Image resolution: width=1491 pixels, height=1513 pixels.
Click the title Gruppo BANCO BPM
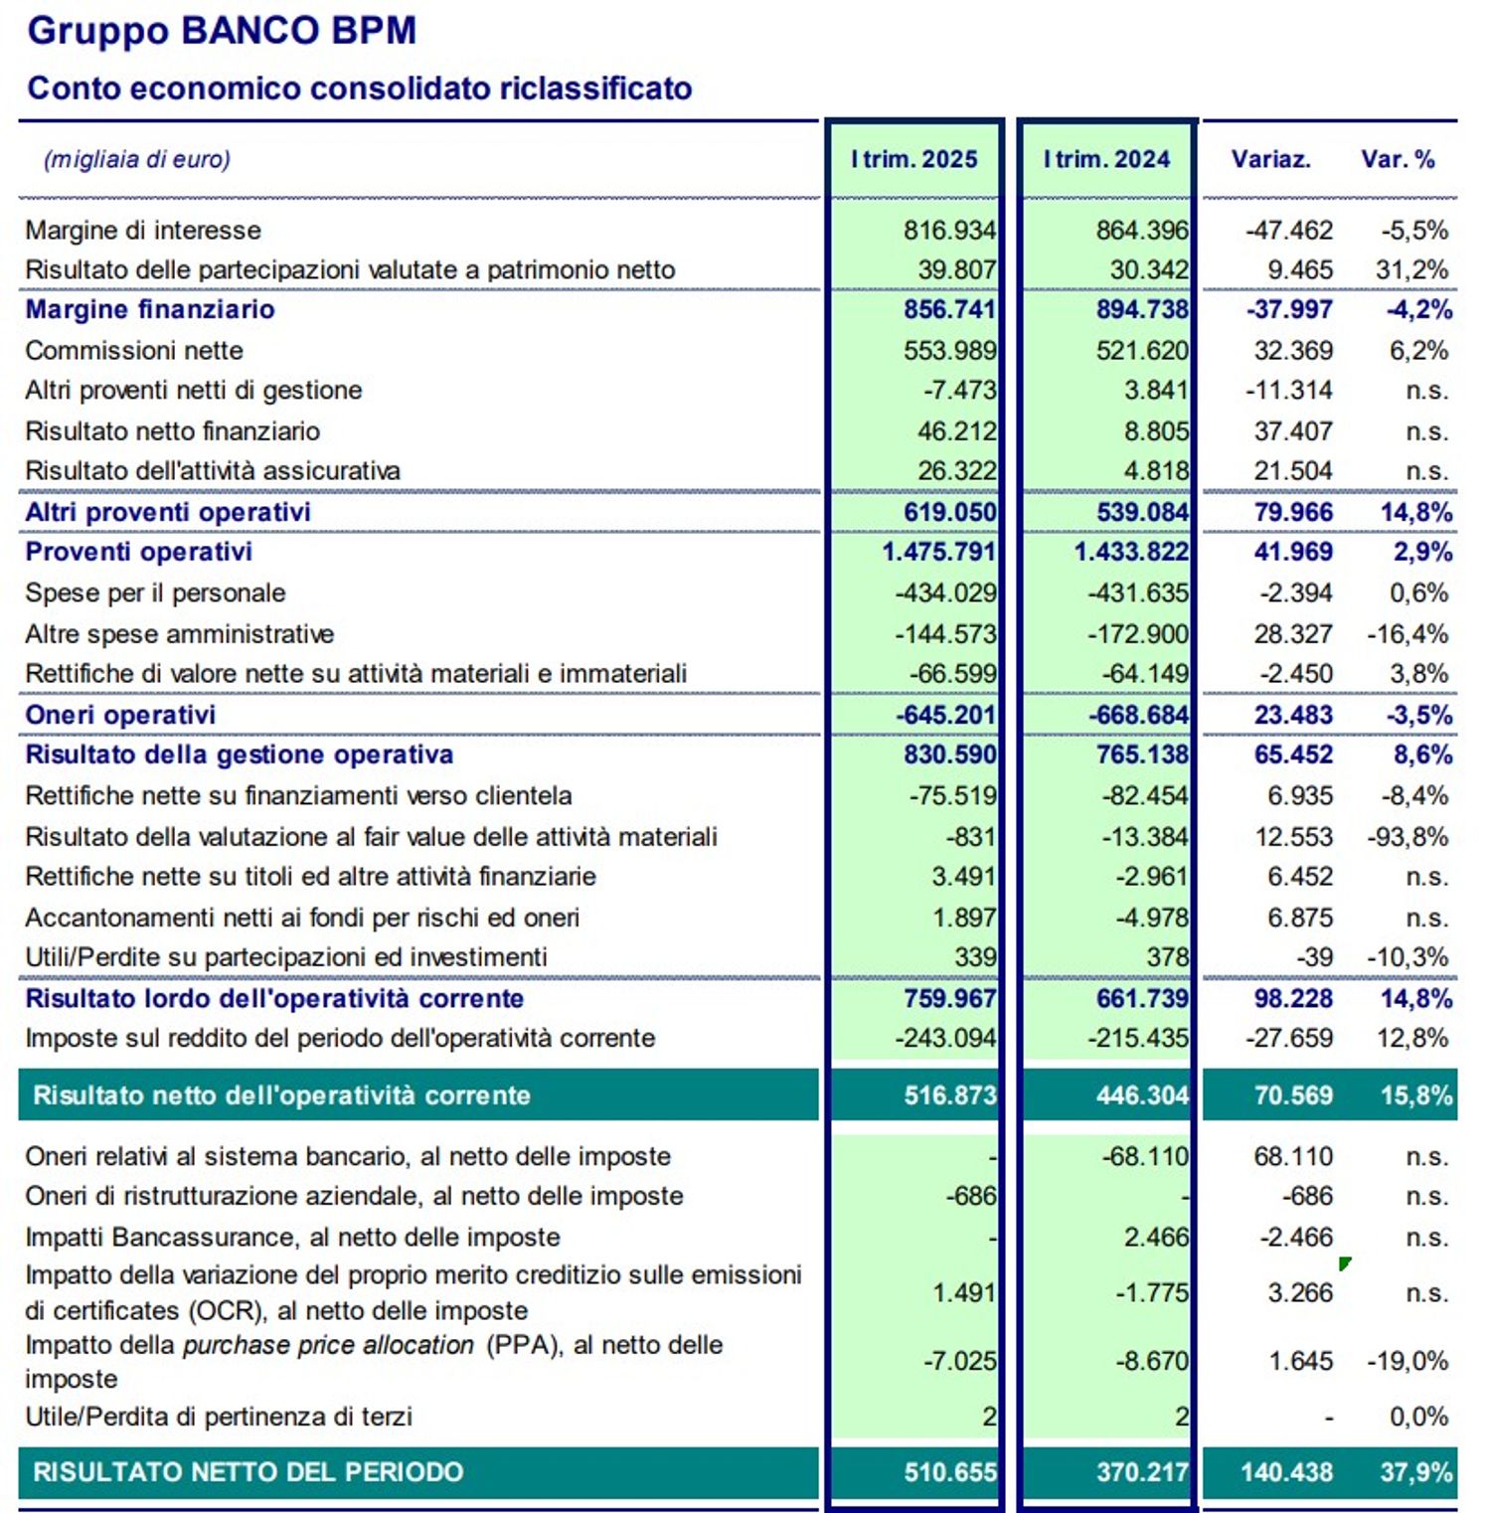click(x=222, y=31)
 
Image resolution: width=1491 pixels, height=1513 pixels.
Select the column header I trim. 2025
click(x=913, y=159)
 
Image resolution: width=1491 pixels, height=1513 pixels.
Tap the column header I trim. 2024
click(x=1106, y=159)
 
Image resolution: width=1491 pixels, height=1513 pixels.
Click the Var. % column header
click(x=1398, y=159)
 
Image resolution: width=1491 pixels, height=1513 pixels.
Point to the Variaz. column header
click(x=1270, y=159)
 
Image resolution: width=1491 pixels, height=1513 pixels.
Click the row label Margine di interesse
click(x=143, y=231)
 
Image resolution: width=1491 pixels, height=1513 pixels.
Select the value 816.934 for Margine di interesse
click(x=948, y=231)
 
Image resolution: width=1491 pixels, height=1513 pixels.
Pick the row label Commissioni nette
click(x=134, y=351)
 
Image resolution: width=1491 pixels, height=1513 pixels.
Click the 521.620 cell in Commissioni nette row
click(x=1141, y=351)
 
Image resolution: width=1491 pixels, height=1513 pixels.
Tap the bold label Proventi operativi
click(x=138, y=552)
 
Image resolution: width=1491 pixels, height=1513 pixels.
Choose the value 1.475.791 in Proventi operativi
click(x=937, y=552)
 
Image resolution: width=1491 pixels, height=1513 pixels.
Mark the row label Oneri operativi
click(x=120, y=715)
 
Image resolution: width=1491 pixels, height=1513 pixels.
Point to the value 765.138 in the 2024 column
click(x=1141, y=755)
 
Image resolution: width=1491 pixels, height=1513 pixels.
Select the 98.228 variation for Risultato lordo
click(x=1292, y=999)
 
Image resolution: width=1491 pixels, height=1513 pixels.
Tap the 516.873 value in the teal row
click(x=948, y=1095)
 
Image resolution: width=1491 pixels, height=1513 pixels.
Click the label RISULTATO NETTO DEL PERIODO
click(x=248, y=1472)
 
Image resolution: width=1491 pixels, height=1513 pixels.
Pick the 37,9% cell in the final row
click(x=1415, y=1472)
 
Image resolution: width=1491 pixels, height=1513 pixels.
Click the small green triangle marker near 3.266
click(x=1345, y=1263)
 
